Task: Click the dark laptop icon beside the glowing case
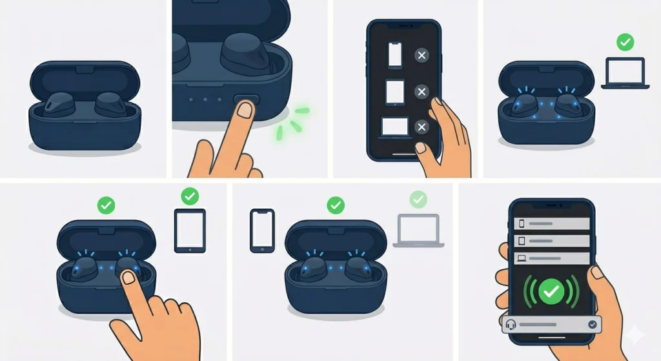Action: tap(623, 72)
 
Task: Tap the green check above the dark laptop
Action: tap(624, 43)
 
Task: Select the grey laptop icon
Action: tap(418, 231)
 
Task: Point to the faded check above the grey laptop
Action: tap(418, 198)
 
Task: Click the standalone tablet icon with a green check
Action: tap(190, 231)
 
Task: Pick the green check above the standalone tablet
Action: tap(189, 196)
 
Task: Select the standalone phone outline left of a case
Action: tap(262, 231)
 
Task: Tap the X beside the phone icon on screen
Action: tap(422, 57)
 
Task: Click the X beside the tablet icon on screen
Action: tap(422, 92)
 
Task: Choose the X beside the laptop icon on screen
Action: tap(422, 127)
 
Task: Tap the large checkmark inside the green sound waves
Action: tap(550, 292)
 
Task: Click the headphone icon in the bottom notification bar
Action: tap(511, 325)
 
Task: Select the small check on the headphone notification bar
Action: tap(593, 325)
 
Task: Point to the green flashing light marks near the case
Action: tap(289, 123)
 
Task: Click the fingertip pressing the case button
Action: tap(244, 110)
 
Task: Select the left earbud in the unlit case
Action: tap(60, 104)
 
